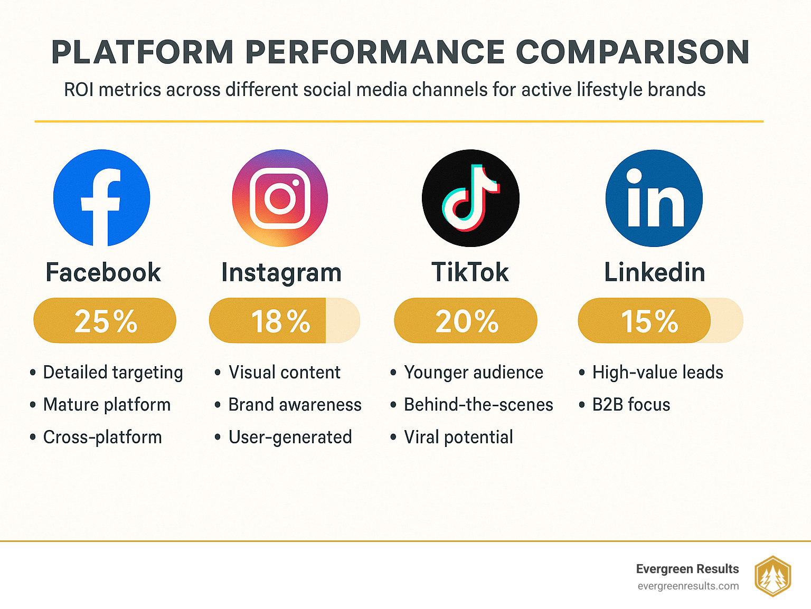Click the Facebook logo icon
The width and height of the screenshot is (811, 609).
point(102,198)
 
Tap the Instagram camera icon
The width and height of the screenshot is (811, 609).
point(280,198)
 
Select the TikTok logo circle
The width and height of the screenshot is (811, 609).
point(470,198)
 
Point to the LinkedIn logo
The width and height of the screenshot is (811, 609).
point(654,198)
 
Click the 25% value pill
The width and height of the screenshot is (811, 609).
point(105,320)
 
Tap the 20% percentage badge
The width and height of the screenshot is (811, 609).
point(466,320)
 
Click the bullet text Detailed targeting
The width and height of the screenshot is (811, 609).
point(112,373)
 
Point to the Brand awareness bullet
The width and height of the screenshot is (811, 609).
point(295,405)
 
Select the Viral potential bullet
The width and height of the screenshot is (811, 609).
point(458,437)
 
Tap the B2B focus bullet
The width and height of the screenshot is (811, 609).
point(631,405)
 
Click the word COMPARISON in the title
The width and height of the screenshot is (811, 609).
point(632,52)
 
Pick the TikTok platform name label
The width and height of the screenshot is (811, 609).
point(470,272)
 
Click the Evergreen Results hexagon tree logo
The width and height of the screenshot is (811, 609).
point(772,576)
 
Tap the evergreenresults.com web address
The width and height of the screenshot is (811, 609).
point(688,586)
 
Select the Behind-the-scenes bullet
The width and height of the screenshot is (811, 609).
point(478,405)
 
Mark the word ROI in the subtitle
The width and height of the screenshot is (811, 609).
point(79,90)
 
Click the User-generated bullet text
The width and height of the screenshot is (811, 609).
point(290,437)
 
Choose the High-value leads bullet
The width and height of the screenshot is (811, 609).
point(657,373)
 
